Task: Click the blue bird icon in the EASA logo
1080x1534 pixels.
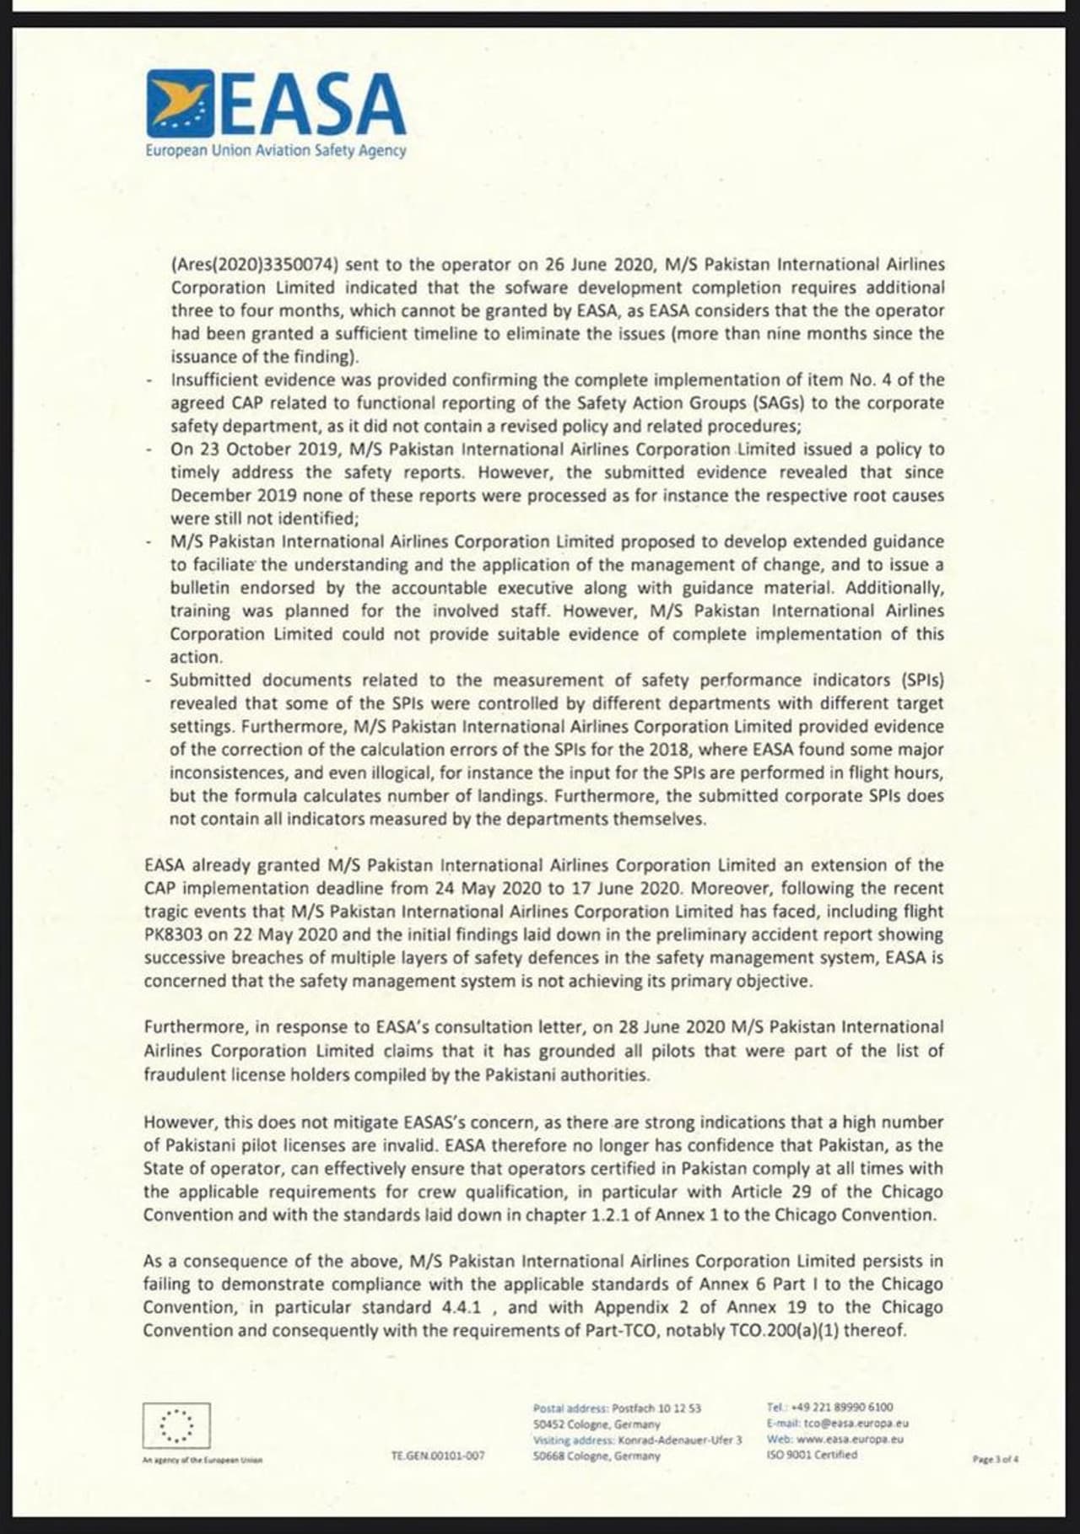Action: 180,103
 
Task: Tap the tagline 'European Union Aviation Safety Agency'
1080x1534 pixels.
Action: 275,151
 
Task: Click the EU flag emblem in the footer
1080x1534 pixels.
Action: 176,1425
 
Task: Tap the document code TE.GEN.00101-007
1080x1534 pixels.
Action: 437,1456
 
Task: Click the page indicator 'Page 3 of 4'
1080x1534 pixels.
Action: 996,1459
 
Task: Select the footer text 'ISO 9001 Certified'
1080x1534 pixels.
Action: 812,1455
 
